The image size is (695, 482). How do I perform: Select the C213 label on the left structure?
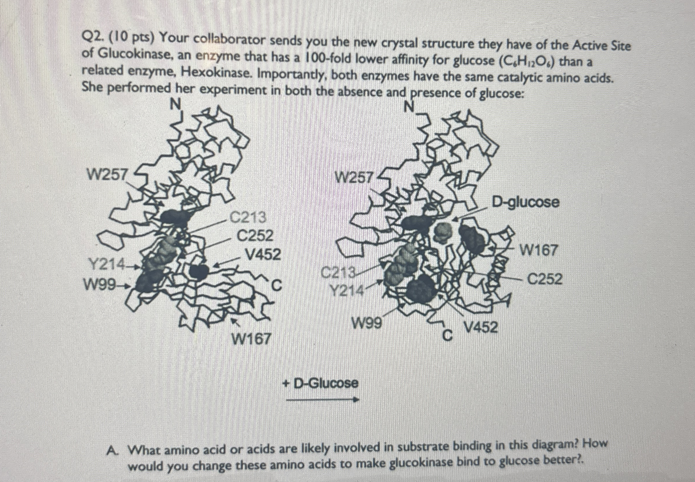[x=248, y=217]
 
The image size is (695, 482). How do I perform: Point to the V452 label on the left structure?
[x=263, y=255]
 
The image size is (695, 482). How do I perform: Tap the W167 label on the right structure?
[x=537, y=250]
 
